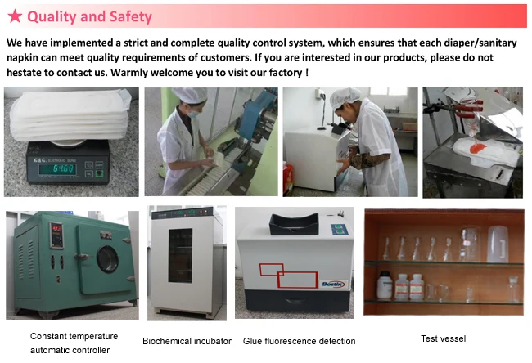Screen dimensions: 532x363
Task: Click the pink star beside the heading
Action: pyautogui.click(x=15, y=16)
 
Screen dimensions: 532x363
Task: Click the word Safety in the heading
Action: pyautogui.click(x=131, y=16)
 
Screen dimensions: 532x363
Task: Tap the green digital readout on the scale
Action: pyautogui.click(x=57, y=168)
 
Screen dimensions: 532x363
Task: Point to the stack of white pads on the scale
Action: pyautogui.click(x=70, y=114)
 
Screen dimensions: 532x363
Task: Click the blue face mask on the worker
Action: pyautogui.click(x=193, y=114)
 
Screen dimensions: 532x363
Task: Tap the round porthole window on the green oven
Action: pyautogui.click(x=107, y=259)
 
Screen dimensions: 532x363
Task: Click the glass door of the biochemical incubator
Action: pyautogui.click(x=180, y=256)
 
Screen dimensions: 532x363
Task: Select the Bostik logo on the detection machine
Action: pyautogui.click(x=333, y=284)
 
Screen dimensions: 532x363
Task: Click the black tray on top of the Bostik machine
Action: pyautogui.click(x=294, y=224)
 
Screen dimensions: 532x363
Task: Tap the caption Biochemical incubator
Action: pyautogui.click(x=187, y=341)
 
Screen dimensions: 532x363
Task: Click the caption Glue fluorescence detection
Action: pyautogui.click(x=300, y=341)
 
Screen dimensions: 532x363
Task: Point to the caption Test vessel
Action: pyautogui.click(x=444, y=338)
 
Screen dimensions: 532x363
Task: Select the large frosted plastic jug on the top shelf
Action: pyautogui.click(x=498, y=244)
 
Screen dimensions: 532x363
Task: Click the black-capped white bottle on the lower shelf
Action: pyautogui.click(x=385, y=285)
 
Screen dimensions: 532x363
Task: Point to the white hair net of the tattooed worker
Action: pyautogui.click(x=345, y=97)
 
